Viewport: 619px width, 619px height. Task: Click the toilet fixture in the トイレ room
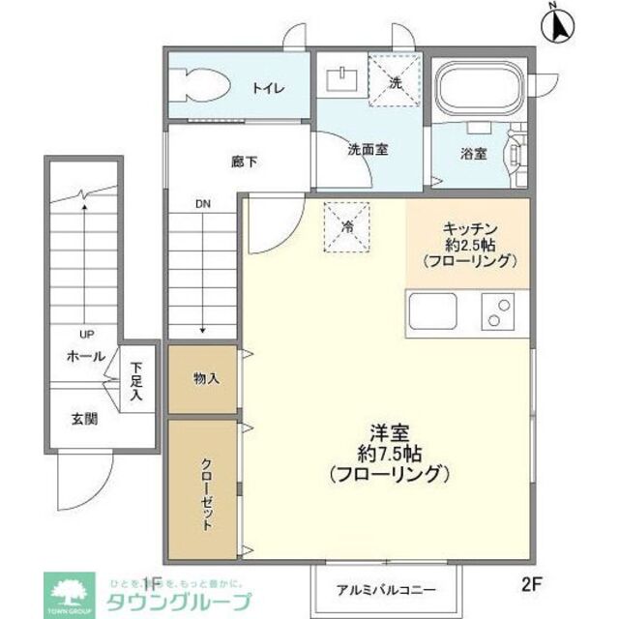202,85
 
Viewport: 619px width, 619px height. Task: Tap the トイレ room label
267,88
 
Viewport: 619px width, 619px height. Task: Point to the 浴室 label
473,153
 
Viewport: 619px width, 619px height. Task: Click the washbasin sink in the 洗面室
341,77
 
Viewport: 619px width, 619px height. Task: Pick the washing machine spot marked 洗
395,81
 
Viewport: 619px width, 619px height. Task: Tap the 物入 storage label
206,377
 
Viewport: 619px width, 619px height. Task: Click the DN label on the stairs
202,204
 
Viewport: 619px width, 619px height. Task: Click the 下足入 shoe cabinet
137,381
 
